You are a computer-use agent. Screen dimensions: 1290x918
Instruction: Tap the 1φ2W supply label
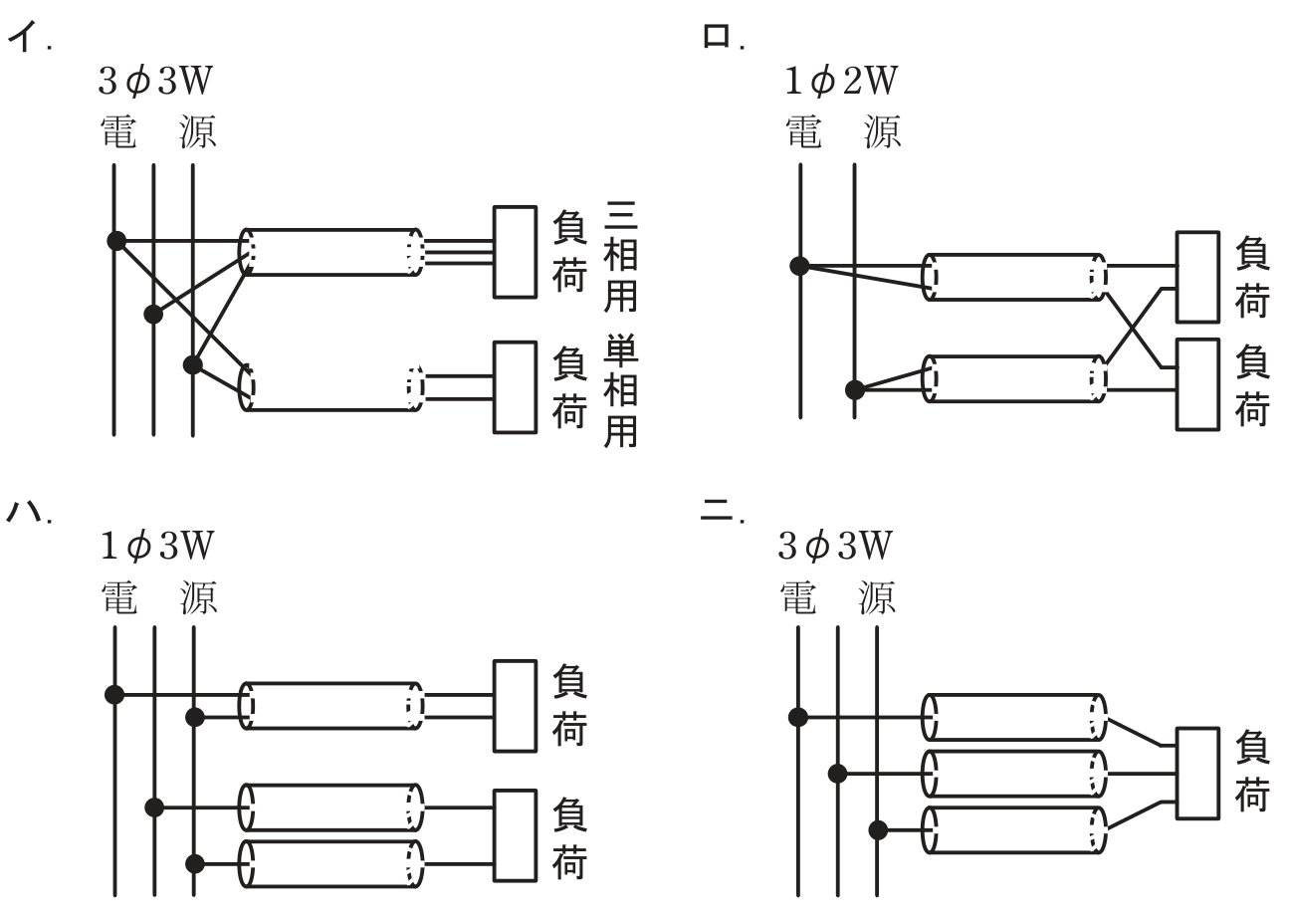coord(841,81)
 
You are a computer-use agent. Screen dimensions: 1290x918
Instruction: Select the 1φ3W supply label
coord(156,546)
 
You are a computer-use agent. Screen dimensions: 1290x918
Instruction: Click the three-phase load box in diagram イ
coord(515,252)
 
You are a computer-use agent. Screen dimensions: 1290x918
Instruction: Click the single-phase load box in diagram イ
coord(515,387)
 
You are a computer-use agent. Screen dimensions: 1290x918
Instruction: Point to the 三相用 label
coord(620,256)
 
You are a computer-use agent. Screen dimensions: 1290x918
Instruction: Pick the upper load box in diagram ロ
coord(1197,277)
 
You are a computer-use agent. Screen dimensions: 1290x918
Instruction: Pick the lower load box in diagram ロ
coord(1197,384)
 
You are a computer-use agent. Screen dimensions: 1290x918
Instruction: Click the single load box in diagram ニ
coord(1197,773)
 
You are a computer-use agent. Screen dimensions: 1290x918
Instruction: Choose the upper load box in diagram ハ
coord(515,706)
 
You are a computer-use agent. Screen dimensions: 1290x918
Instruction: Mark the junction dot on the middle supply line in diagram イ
coord(153,315)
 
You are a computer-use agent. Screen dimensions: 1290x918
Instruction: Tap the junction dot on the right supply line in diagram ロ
coord(855,390)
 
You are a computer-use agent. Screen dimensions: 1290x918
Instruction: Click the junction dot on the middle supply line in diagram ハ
coord(154,807)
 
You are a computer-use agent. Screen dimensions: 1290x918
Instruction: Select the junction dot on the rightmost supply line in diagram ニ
coord(878,830)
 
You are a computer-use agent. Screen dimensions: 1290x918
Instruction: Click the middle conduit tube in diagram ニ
coord(1013,774)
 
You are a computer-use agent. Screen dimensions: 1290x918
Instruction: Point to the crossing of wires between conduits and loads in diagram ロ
coord(1134,329)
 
